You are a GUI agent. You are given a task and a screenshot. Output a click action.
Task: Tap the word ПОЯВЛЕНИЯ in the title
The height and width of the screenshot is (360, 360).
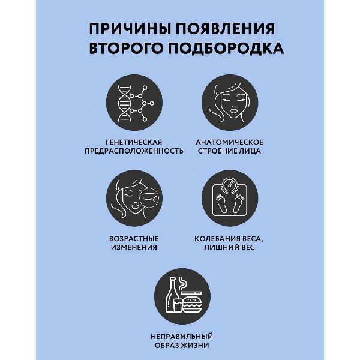pos(221,29)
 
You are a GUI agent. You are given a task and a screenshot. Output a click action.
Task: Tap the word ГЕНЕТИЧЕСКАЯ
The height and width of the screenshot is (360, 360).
pos(134,142)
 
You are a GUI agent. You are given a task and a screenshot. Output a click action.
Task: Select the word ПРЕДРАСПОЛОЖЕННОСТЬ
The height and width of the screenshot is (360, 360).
pos(134,151)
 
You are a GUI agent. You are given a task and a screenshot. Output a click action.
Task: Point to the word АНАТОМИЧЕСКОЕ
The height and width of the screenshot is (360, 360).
pos(229,142)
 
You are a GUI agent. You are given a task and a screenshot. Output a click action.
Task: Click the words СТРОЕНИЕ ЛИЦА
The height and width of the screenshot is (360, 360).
pos(229,151)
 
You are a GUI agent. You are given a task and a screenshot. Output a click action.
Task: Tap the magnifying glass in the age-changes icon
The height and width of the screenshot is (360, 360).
pos(149,197)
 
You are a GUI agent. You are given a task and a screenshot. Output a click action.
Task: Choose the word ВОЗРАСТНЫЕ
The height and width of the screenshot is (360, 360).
pos(134,238)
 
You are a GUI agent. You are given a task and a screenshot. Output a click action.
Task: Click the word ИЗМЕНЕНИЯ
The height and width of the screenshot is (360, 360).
pos(134,247)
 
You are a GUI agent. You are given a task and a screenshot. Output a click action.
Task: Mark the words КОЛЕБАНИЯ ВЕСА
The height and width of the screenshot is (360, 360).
pos(229,238)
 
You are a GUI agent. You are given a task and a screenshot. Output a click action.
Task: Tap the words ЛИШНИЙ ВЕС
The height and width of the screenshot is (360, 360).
pos(229,247)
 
